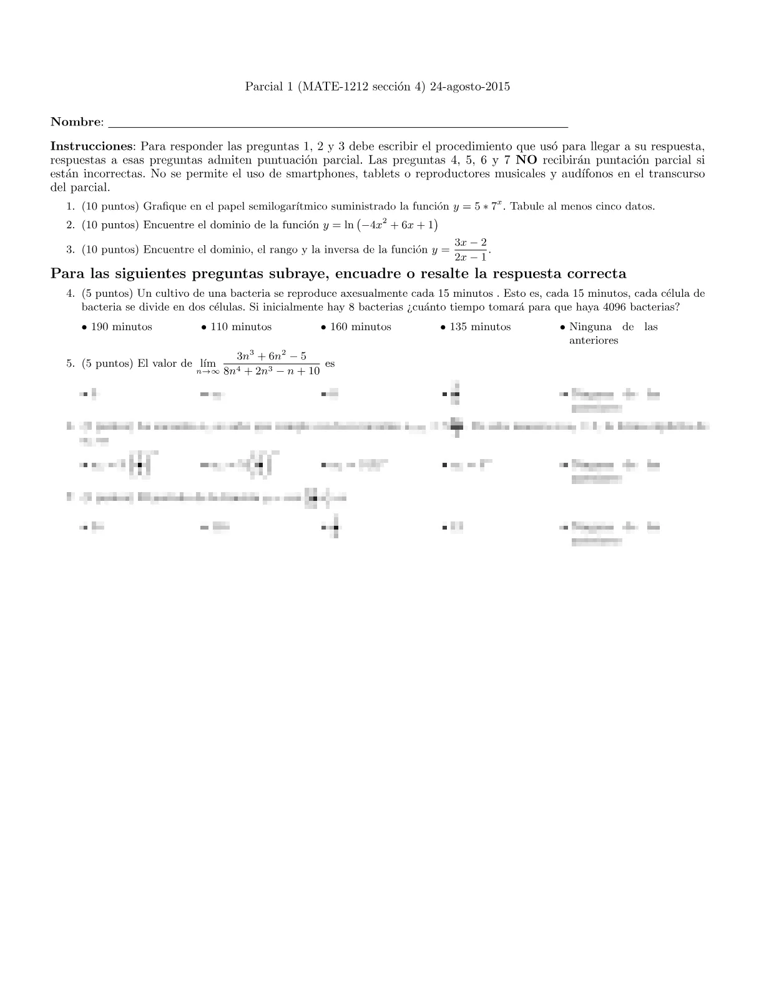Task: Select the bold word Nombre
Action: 76,122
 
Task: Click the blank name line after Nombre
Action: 337,123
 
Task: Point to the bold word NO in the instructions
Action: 527,160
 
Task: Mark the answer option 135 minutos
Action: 480,327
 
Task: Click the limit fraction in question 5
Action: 272,363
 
